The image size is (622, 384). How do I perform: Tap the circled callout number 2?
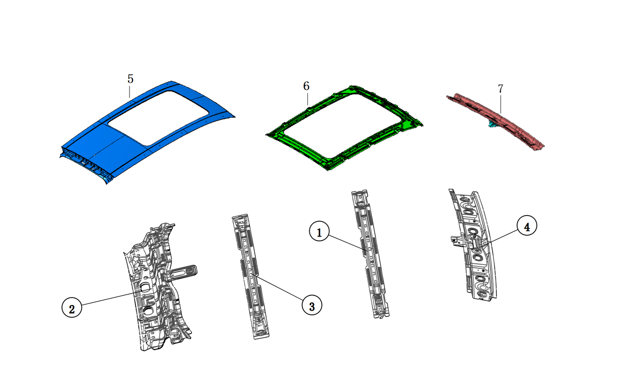tap(71, 308)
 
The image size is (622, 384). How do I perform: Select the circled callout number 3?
tap(312, 306)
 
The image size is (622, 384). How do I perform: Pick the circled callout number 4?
tap(526, 226)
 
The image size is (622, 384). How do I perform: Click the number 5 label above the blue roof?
tap(130, 79)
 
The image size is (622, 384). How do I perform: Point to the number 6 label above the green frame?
tap(306, 86)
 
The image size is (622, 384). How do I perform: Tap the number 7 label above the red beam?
tap(500, 89)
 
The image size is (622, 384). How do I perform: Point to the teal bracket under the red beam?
tap(491, 124)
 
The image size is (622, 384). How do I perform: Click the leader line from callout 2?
tap(110, 299)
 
